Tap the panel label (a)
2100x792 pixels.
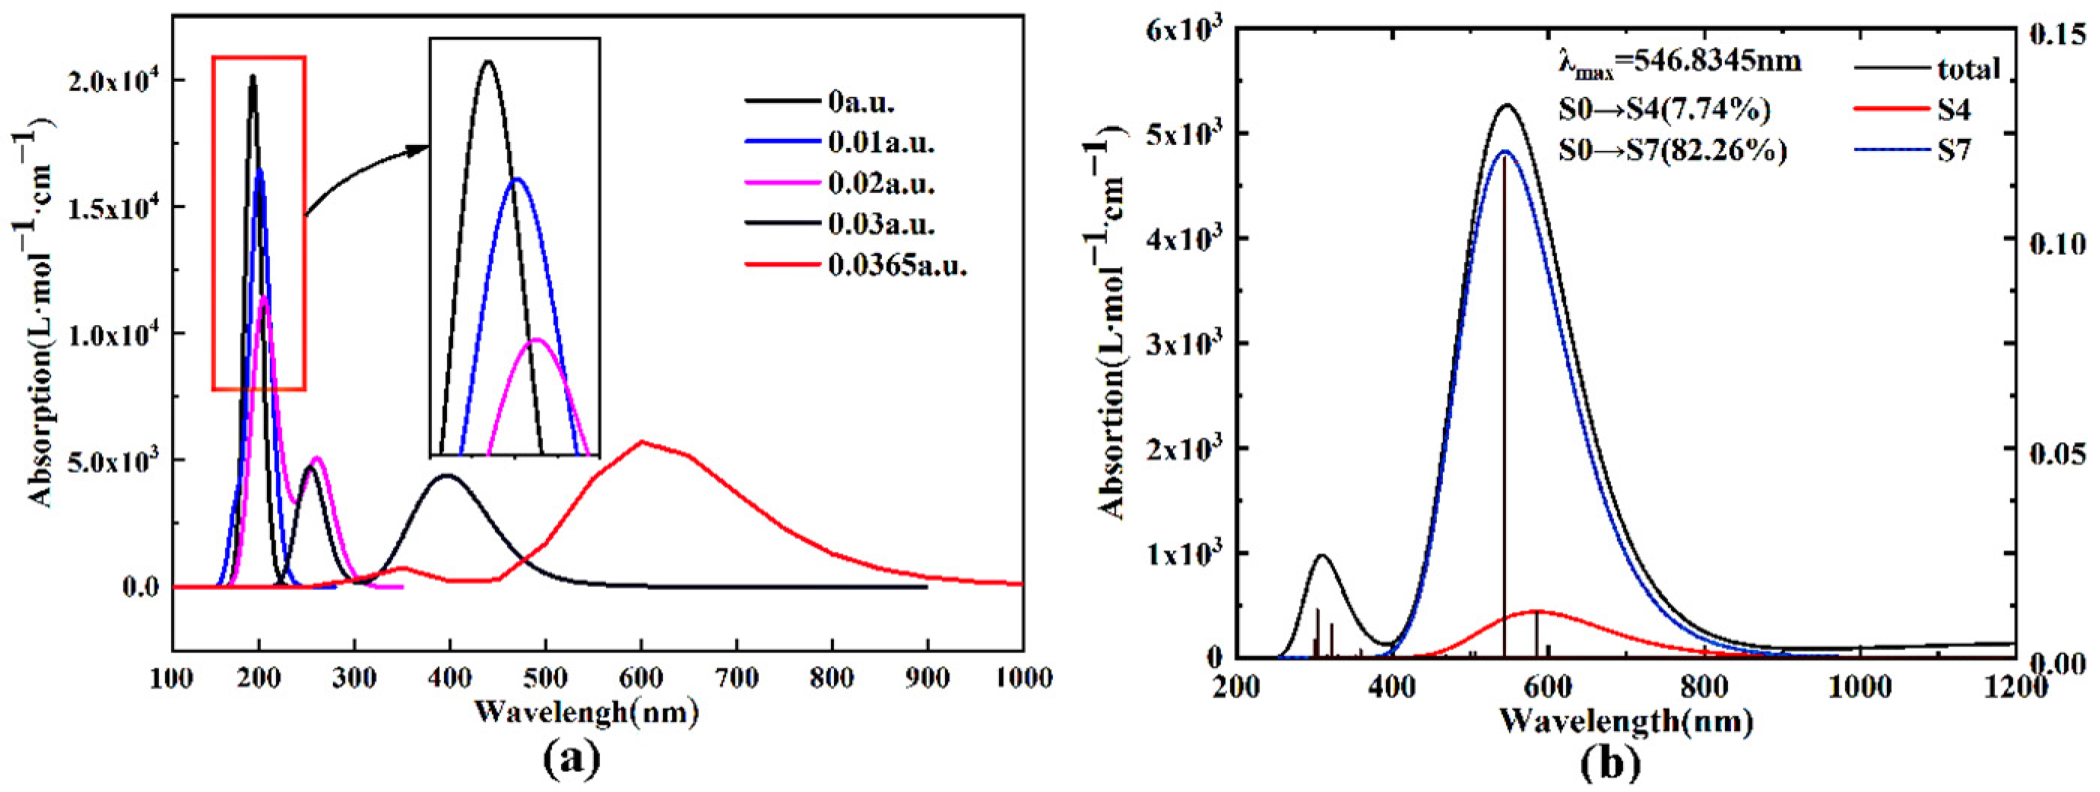coord(571,758)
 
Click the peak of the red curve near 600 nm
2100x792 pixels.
coord(643,441)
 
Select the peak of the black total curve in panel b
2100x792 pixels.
coord(1506,104)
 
